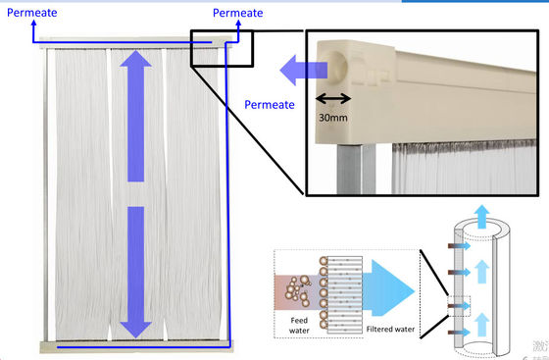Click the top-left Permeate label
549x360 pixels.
click(x=31, y=13)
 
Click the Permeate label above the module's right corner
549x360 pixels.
click(x=237, y=13)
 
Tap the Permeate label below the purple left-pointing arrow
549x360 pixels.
click(x=270, y=105)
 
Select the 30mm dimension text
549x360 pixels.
click(x=333, y=118)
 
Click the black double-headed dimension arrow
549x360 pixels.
click(x=333, y=98)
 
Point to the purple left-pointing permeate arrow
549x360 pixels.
click(x=304, y=70)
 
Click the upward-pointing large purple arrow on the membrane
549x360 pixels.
click(x=136, y=116)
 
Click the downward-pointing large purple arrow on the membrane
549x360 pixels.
click(x=136, y=272)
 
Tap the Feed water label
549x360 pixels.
click(x=299, y=326)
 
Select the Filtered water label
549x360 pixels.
click(x=390, y=330)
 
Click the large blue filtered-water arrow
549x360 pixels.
click(x=388, y=287)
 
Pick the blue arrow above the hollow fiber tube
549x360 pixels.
click(x=482, y=217)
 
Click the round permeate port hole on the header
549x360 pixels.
click(x=335, y=67)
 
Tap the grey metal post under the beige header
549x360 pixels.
click(x=355, y=169)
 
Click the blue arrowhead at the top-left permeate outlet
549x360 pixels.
click(x=33, y=24)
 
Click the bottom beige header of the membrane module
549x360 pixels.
click(x=136, y=346)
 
